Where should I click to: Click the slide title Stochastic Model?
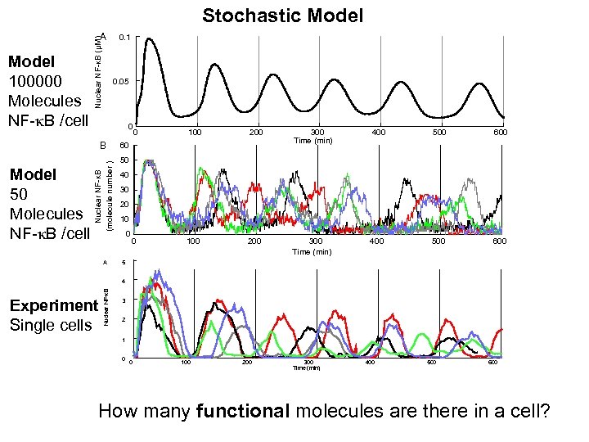(x=283, y=16)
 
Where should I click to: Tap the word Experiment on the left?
(x=53, y=305)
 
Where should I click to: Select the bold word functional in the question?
(x=243, y=410)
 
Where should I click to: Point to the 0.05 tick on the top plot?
(x=121, y=82)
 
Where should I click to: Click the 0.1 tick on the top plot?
(x=124, y=37)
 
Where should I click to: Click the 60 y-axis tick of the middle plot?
(x=124, y=146)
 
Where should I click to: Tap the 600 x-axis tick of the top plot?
(x=500, y=132)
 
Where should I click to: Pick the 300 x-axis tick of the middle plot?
(x=316, y=241)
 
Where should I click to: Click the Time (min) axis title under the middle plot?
(x=312, y=252)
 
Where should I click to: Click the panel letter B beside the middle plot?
(x=103, y=146)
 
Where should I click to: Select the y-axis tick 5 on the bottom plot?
(x=123, y=263)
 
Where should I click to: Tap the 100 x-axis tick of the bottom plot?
(x=186, y=361)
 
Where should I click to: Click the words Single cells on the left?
(x=49, y=325)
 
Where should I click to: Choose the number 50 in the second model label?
(x=19, y=194)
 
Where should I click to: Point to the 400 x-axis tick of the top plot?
(x=378, y=132)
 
